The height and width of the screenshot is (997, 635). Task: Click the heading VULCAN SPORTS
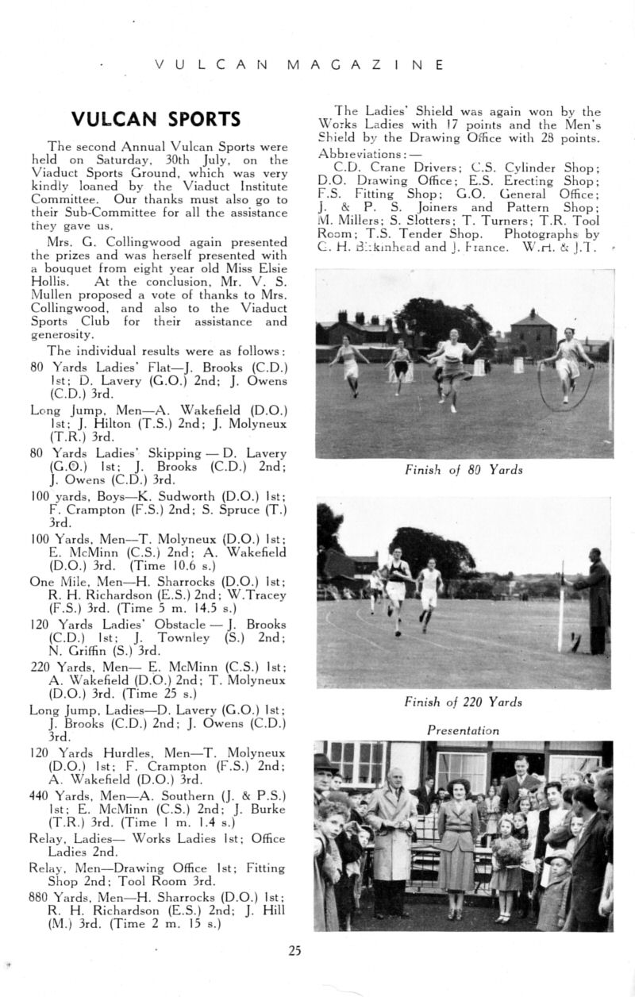pyautogui.click(x=156, y=119)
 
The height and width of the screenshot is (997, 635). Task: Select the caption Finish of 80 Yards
pyautogui.click(x=464, y=470)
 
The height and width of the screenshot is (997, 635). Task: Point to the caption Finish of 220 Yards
pyautogui.click(x=464, y=702)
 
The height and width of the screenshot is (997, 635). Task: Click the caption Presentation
pyautogui.click(x=464, y=730)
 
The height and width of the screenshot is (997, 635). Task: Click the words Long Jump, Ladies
pyautogui.click(x=86, y=710)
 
